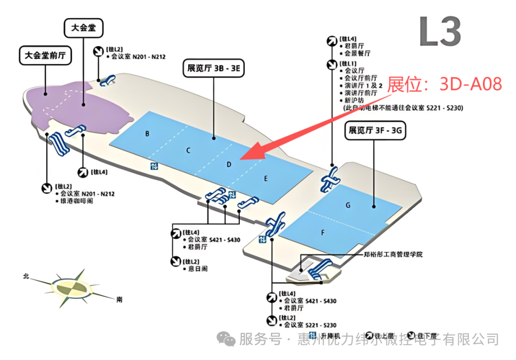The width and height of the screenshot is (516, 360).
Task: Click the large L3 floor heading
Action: coord(440,32)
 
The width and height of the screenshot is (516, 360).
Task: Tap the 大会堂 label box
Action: coord(84,28)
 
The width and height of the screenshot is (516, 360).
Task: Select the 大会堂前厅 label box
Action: coord(45,56)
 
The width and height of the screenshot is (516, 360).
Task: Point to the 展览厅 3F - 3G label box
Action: coord(375,130)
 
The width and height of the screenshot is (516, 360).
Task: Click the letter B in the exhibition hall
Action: coord(148,134)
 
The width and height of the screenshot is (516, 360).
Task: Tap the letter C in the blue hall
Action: coord(189,150)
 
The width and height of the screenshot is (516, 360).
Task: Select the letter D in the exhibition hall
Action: coord(229,164)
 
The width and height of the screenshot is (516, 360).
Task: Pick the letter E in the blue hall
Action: coord(266,179)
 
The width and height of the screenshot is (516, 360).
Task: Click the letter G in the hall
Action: coord(348,205)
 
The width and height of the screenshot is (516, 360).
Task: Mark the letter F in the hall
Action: coord(323,233)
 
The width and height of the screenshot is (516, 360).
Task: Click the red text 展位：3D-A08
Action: coord(444,85)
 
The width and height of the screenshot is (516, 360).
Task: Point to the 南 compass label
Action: coord(119,300)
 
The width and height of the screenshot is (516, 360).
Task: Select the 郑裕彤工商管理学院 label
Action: coord(393,254)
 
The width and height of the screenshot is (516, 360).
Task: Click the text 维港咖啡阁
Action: coord(74,201)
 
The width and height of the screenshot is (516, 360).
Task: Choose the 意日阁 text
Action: coord(197,269)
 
